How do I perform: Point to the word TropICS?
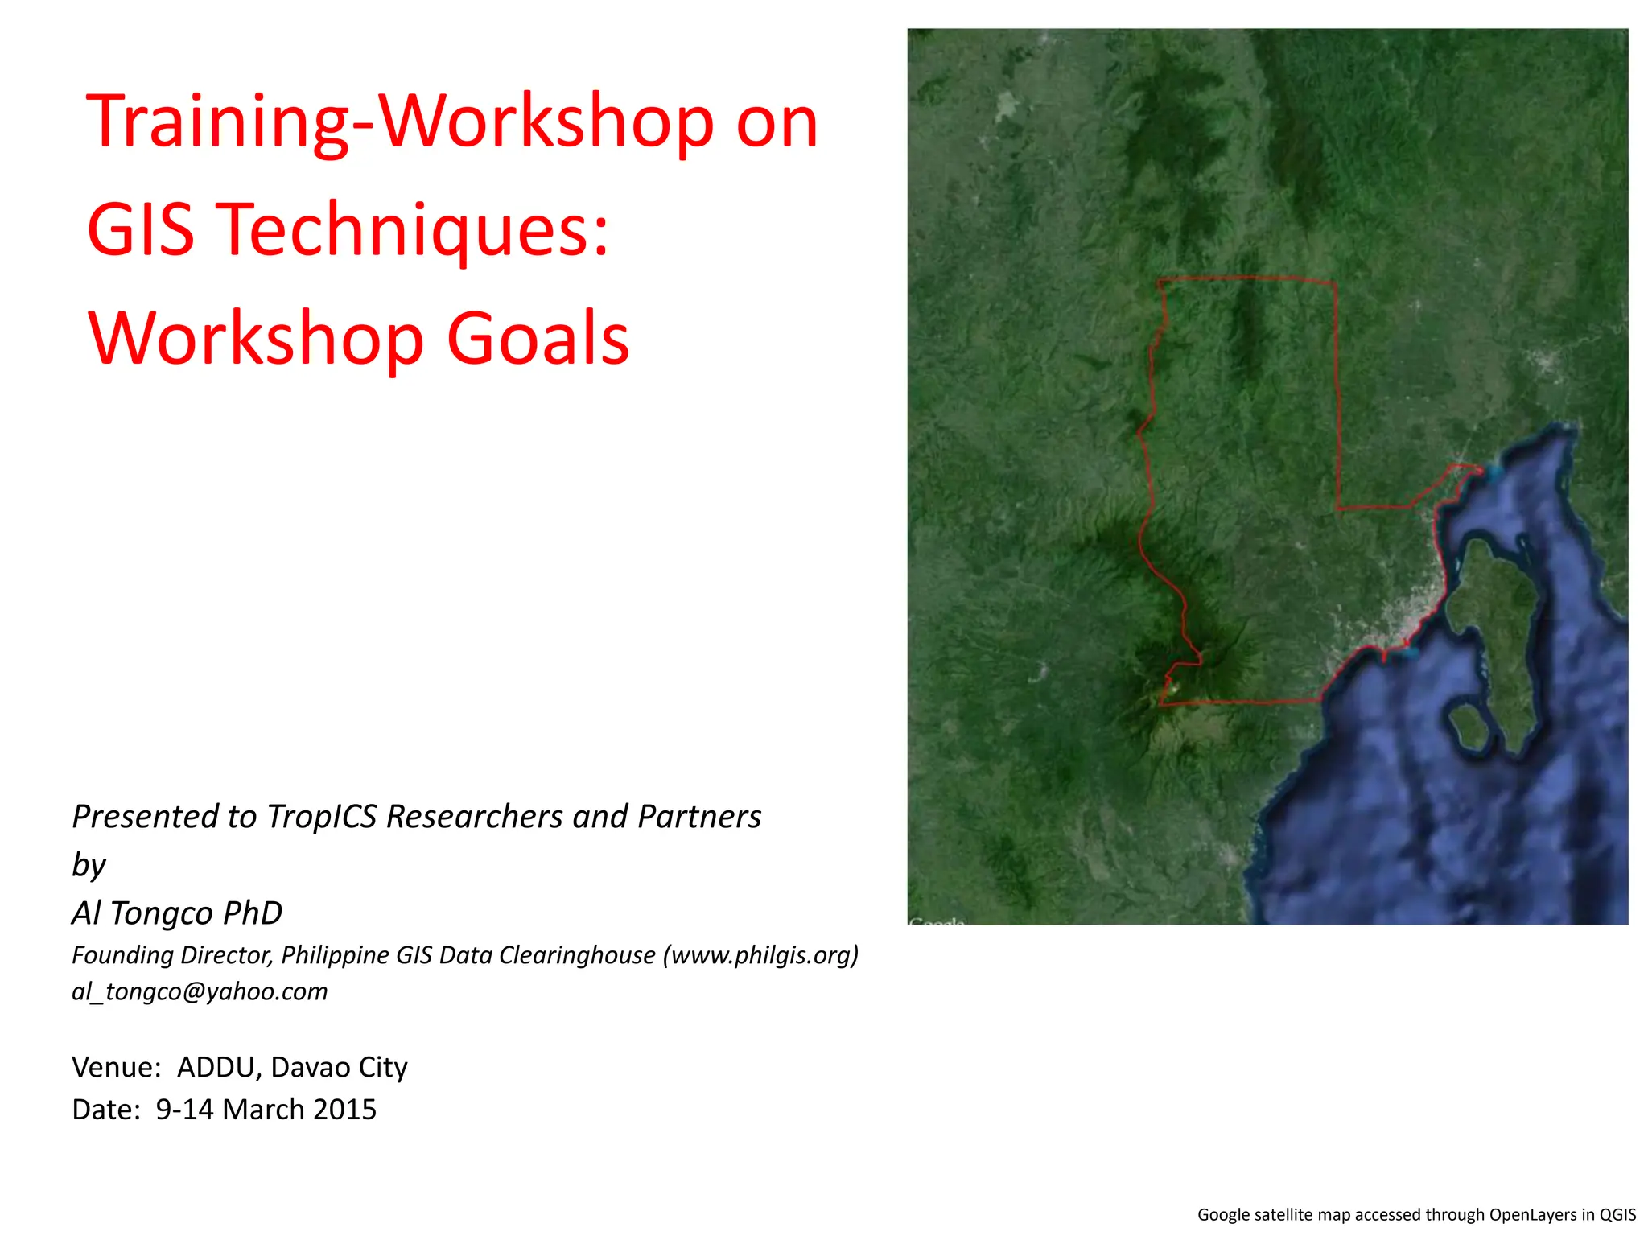tap(322, 816)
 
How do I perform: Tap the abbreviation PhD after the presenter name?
tap(253, 913)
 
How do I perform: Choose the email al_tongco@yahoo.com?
tap(200, 991)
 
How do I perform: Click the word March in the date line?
tap(263, 1110)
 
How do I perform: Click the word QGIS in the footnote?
tap(1617, 1215)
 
